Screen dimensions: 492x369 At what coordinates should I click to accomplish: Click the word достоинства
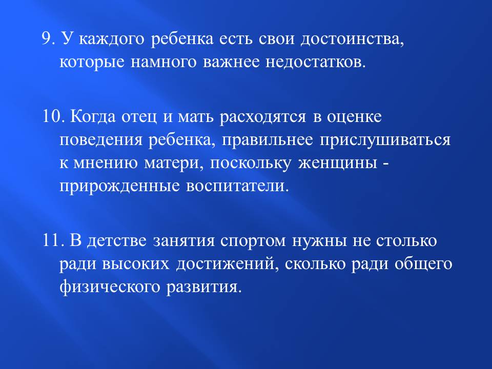352,39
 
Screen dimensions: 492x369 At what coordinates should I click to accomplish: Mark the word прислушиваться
385,140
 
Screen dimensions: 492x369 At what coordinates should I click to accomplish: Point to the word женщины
337,163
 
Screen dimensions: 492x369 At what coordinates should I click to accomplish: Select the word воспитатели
237,186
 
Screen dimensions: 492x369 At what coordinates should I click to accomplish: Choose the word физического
110,286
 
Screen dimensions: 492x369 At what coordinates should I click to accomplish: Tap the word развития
204,288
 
